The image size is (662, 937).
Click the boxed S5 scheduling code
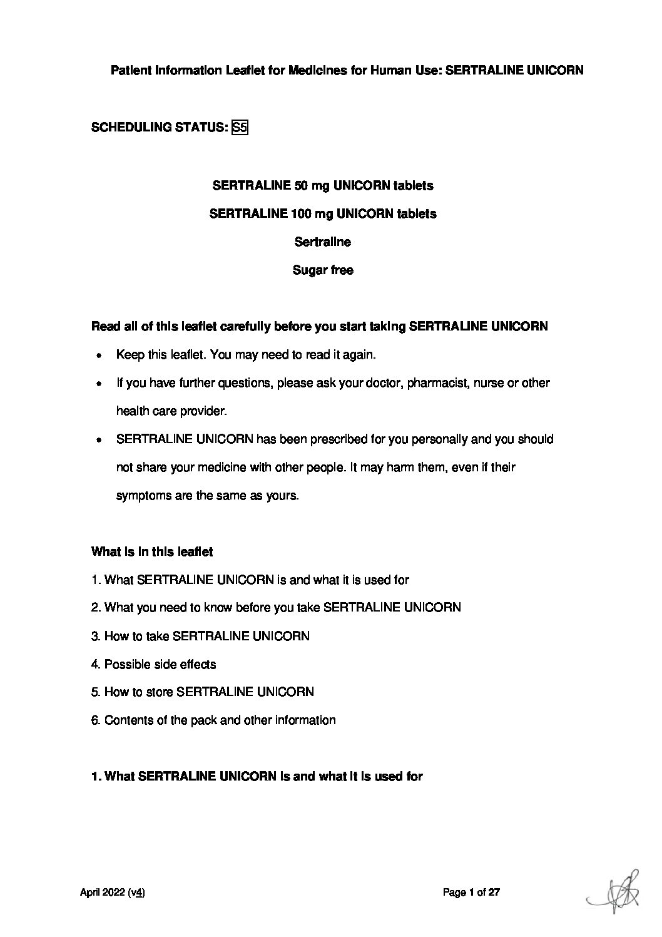pyautogui.click(x=240, y=128)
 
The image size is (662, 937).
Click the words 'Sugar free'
pyautogui.click(x=323, y=270)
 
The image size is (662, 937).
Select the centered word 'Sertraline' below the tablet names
pyautogui.click(x=322, y=242)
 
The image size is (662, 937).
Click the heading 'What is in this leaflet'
pyautogui.click(x=152, y=552)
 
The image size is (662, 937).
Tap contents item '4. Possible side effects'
pyautogui.click(x=154, y=665)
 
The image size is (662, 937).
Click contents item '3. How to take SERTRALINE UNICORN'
pyautogui.click(x=200, y=637)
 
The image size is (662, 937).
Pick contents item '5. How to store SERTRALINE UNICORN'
pyautogui.click(x=203, y=692)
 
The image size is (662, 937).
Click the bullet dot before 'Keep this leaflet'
pyautogui.click(x=99, y=356)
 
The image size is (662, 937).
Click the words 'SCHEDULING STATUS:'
pyautogui.click(x=159, y=128)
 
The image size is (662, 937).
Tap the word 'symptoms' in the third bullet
pyautogui.click(x=142, y=496)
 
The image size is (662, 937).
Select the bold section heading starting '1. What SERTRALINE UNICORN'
pyautogui.click(x=257, y=777)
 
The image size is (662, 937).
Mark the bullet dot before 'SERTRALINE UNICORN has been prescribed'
pyautogui.click(x=99, y=440)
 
